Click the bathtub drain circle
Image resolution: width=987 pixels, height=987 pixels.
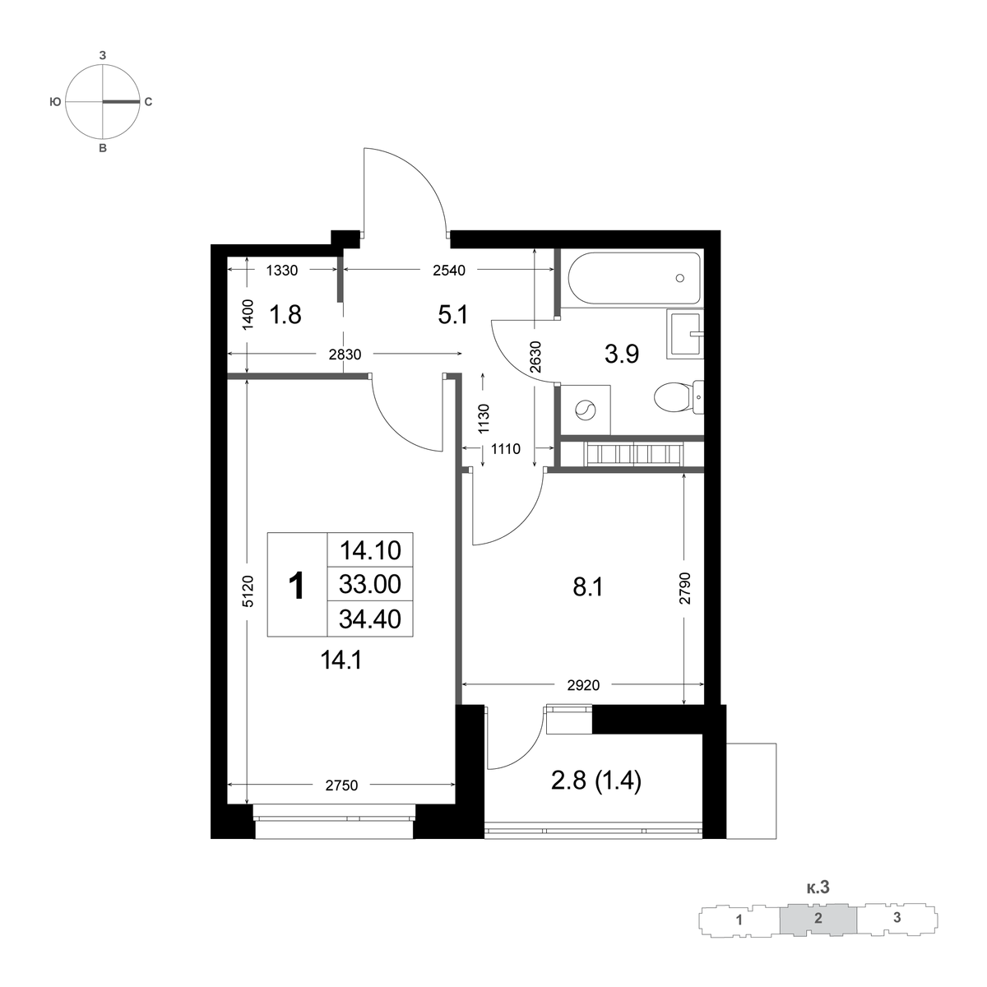coord(680,278)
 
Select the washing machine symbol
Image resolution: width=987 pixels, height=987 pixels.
coord(585,410)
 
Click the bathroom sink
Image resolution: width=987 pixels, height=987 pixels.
coord(685,333)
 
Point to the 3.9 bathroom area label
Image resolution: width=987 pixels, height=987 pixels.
coord(622,354)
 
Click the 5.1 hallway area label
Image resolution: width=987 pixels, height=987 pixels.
coord(452,314)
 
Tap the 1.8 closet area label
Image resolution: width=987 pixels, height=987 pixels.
coord(285,314)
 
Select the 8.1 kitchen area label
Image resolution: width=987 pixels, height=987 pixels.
coord(588,587)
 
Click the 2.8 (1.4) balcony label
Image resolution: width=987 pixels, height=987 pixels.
coord(596,781)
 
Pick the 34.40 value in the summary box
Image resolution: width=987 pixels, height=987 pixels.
coord(370,619)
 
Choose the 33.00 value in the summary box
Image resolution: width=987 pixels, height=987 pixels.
coord(370,584)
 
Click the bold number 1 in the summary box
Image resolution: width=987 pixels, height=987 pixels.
coord(297,586)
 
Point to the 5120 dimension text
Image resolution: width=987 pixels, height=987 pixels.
coord(248,591)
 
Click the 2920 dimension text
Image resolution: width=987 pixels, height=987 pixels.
coord(583,685)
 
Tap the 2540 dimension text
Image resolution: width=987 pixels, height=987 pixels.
coord(449,271)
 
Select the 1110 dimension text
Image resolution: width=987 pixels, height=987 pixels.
coord(506,449)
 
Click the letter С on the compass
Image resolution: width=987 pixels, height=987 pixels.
coord(148,103)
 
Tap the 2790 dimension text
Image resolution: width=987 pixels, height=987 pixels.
coord(685,588)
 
